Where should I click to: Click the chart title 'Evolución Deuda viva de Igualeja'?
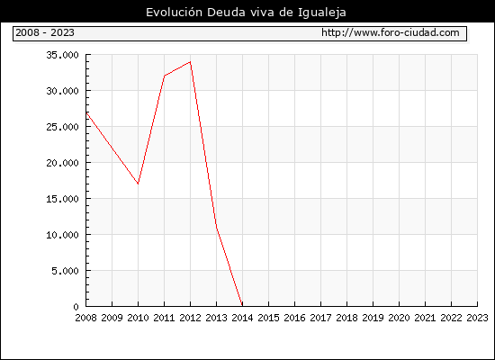(x=246, y=13)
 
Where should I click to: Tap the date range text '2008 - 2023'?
(x=45, y=32)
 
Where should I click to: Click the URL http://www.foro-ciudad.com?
(x=391, y=32)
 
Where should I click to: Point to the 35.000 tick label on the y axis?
(x=62, y=55)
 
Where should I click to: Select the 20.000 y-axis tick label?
(x=62, y=163)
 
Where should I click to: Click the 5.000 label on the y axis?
(x=66, y=271)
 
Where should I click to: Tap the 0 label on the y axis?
(x=76, y=307)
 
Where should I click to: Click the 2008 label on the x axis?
(x=85, y=318)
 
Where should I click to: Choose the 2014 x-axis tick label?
(x=242, y=318)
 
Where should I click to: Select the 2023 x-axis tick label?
(x=477, y=318)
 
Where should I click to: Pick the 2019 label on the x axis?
(x=373, y=318)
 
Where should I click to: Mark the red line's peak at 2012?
(x=191, y=62)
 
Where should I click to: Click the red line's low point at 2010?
(x=138, y=184)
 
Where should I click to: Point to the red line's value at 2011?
(x=164, y=76)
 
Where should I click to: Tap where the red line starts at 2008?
(x=86, y=112)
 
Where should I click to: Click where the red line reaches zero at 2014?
(x=242, y=306)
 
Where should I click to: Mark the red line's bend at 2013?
(x=216, y=227)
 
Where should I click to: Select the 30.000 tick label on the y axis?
(x=62, y=91)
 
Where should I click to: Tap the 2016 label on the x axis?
(x=294, y=318)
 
